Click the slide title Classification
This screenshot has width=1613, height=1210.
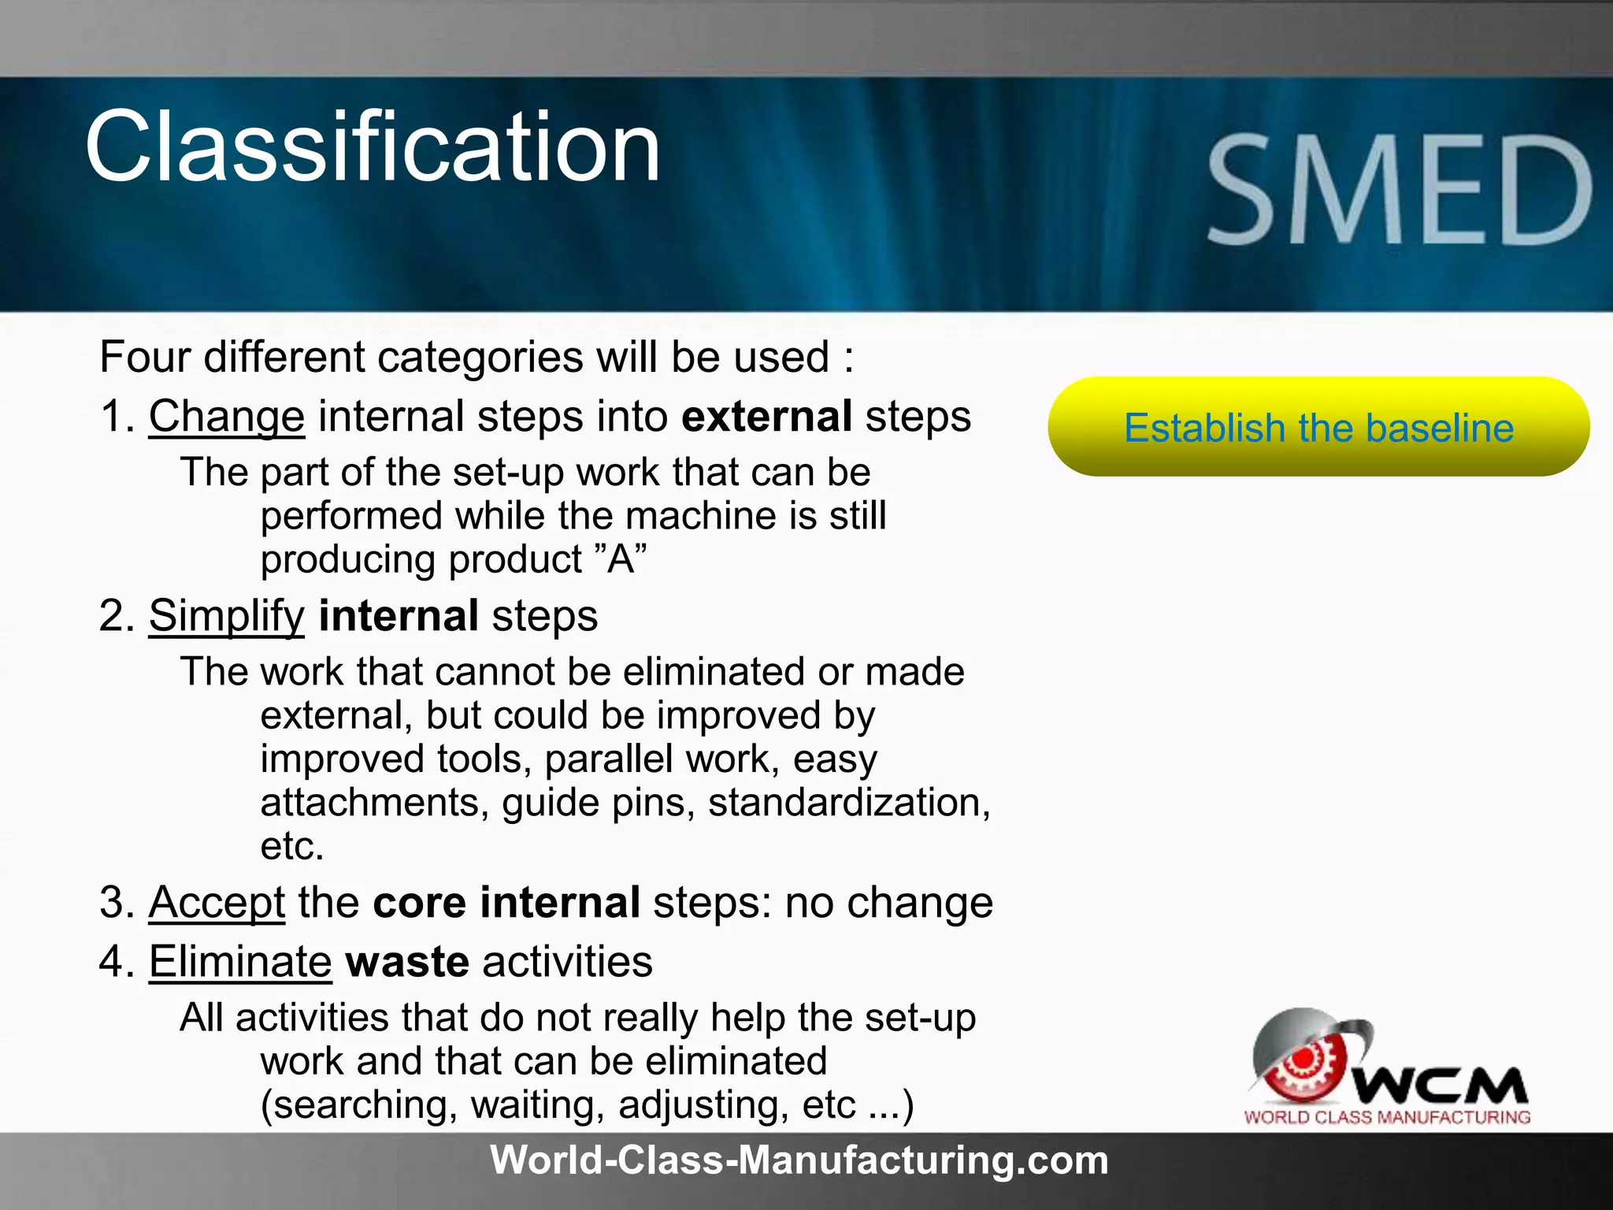coord(372,147)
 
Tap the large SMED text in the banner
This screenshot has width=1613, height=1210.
coord(1400,190)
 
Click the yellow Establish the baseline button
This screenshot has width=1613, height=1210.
coord(1318,427)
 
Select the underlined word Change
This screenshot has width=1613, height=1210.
coord(226,416)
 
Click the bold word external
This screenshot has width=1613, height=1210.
coord(766,416)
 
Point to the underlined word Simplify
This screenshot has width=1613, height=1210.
coord(226,615)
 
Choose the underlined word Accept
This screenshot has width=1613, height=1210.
coord(217,902)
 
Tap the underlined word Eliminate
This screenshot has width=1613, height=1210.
coord(240,962)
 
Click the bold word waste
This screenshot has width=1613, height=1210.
coord(407,962)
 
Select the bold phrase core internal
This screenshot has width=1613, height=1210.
coord(506,902)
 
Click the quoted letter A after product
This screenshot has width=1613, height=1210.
coord(621,559)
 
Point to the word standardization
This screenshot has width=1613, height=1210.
coord(848,803)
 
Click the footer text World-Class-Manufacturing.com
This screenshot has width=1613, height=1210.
coord(799,1160)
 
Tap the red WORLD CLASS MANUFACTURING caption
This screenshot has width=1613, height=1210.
coord(1387,1117)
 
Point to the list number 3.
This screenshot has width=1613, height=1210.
coord(115,902)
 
